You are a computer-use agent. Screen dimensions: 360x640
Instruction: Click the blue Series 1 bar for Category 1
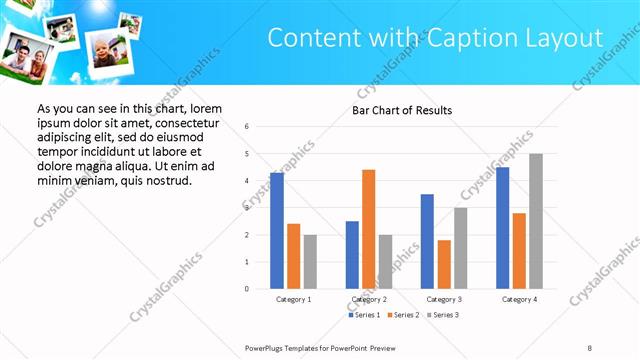[277, 231]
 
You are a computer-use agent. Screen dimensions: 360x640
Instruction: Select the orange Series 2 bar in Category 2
[368, 229]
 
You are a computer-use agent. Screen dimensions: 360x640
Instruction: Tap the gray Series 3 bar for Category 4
[536, 221]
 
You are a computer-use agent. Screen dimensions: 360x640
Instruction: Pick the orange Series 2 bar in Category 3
[444, 264]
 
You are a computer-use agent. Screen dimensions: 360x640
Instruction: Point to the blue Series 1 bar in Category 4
[502, 228]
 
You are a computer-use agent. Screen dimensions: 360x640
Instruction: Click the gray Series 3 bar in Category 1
[310, 262]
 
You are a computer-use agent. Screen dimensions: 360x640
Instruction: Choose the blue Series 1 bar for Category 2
[352, 255]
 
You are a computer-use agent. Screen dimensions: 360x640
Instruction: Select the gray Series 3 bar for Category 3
[460, 248]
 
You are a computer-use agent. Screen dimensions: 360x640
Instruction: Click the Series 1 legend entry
[364, 315]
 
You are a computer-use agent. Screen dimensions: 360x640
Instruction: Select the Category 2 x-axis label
[369, 299]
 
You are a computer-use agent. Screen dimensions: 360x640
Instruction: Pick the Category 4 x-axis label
[519, 299]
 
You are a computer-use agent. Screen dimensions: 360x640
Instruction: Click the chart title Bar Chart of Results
[402, 110]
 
